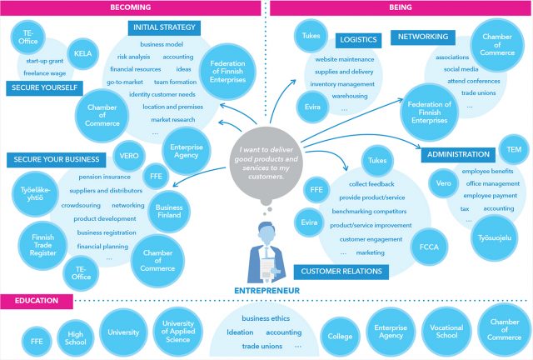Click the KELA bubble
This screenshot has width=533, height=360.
click(82, 50)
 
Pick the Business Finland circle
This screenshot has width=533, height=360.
click(169, 212)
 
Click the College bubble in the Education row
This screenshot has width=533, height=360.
click(340, 338)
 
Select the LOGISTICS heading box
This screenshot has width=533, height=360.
click(356, 39)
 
